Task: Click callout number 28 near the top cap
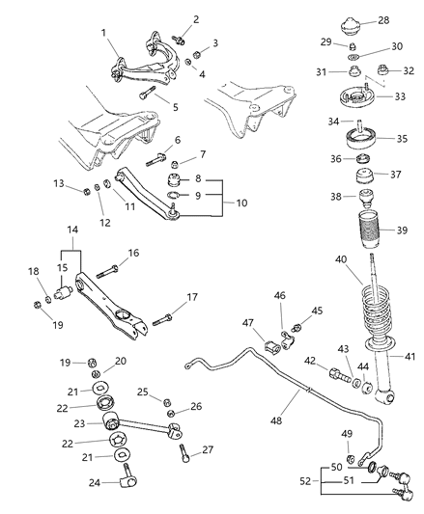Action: tap(410, 20)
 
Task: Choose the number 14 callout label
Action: tap(71, 257)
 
